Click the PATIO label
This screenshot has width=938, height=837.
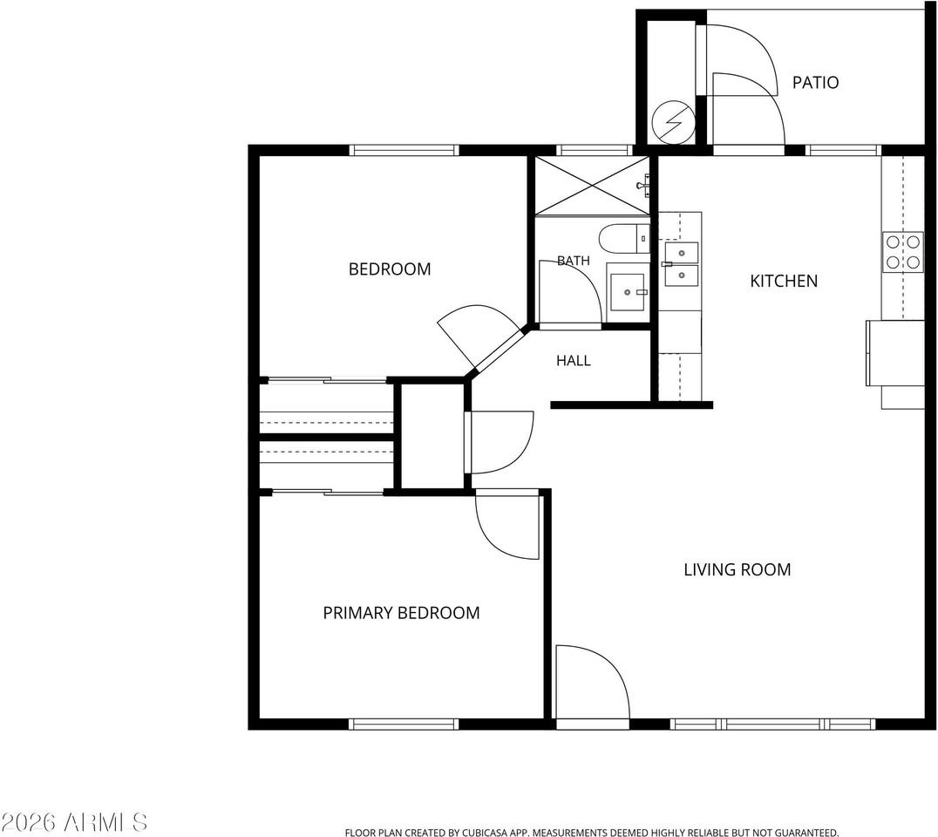point(815,82)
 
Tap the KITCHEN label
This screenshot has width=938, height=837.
point(784,281)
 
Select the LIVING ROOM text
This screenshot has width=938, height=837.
point(737,569)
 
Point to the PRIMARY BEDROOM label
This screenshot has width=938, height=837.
point(401,613)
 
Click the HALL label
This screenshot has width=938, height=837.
point(573,360)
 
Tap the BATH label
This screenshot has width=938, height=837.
point(573,260)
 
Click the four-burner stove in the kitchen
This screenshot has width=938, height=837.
point(903,252)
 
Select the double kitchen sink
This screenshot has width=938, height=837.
point(682,264)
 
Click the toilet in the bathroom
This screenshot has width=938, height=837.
point(624,238)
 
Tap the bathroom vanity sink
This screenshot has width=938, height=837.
point(627,292)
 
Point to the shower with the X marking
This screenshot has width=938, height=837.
point(592,186)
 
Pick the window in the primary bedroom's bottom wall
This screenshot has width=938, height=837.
point(404,724)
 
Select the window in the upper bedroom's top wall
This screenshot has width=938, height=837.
point(404,150)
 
